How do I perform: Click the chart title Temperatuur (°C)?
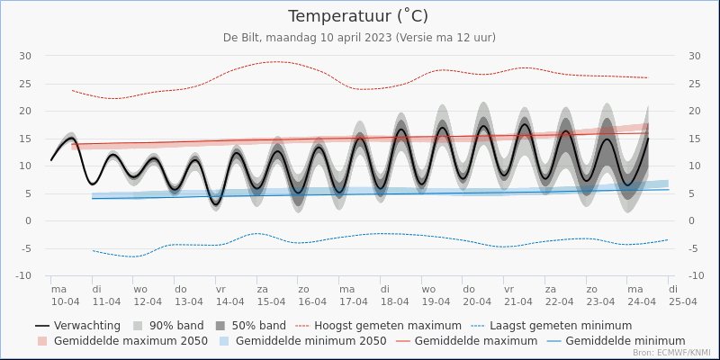pos(358,16)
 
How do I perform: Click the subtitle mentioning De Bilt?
pos(359,37)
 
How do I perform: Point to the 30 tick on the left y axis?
pos(26,56)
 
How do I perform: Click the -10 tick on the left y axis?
pos(24,275)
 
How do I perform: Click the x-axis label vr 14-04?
pos(230,295)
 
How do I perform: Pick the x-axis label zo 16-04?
pos(312,295)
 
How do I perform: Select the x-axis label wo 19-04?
pos(436,295)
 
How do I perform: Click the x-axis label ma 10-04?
pos(66,295)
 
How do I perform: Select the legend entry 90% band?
pos(176,325)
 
